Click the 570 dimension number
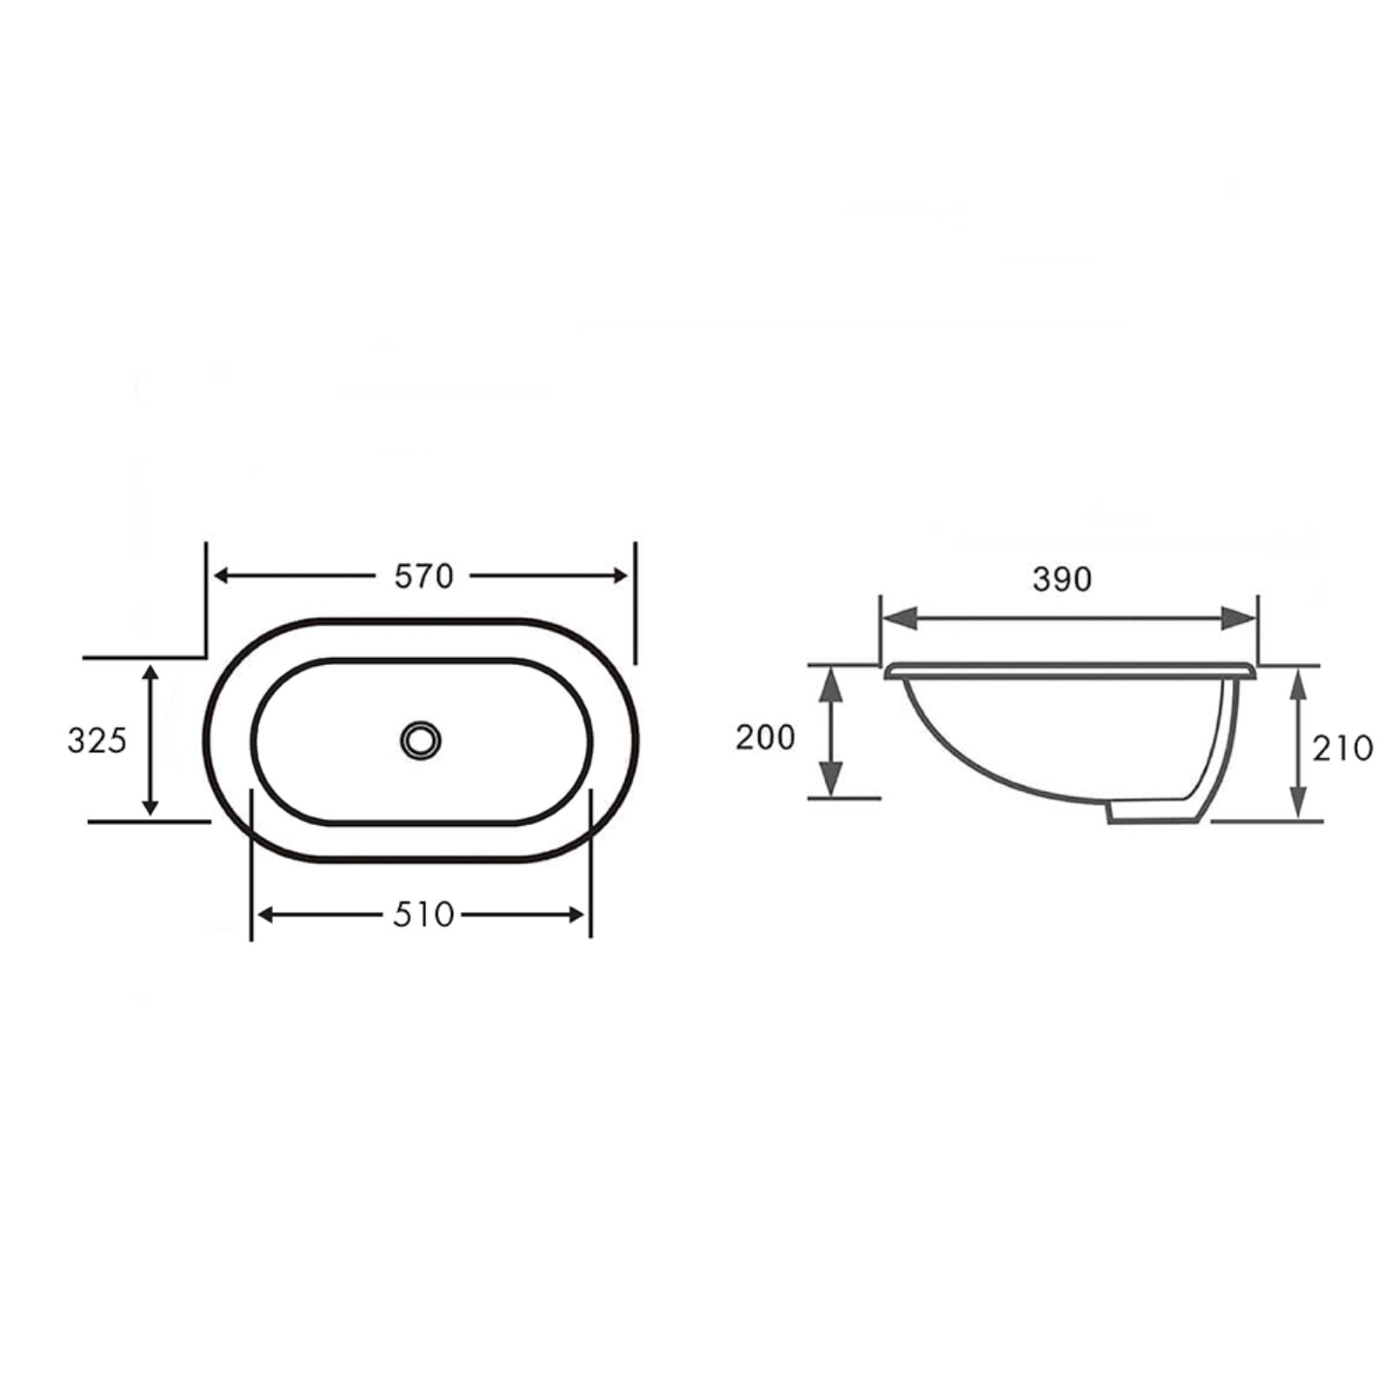tap(424, 576)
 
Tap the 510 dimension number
tap(423, 914)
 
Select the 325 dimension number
tap(97, 741)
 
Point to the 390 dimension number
tap(1062, 579)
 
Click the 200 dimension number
tap(765, 737)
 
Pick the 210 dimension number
tap(1342, 748)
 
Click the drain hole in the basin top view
tap(421, 740)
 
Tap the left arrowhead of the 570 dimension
tap(222, 576)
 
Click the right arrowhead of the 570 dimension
tap(620, 576)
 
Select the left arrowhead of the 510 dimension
tap(266, 915)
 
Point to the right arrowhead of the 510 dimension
tap(576, 915)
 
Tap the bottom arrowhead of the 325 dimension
tap(150, 808)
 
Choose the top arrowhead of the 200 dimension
tap(832, 683)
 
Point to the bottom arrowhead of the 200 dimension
tap(832, 780)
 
